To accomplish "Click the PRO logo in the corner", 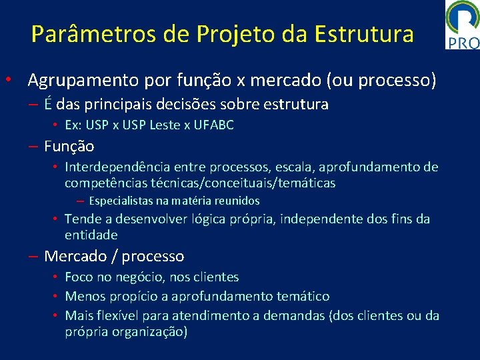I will (x=462, y=25).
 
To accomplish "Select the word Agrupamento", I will (x=83, y=81).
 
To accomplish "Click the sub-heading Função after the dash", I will (x=69, y=146).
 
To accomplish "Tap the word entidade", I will (x=91, y=235).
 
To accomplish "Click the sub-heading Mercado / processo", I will (x=114, y=256).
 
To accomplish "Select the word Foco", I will (x=79, y=277).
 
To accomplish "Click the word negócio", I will (x=140, y=277).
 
